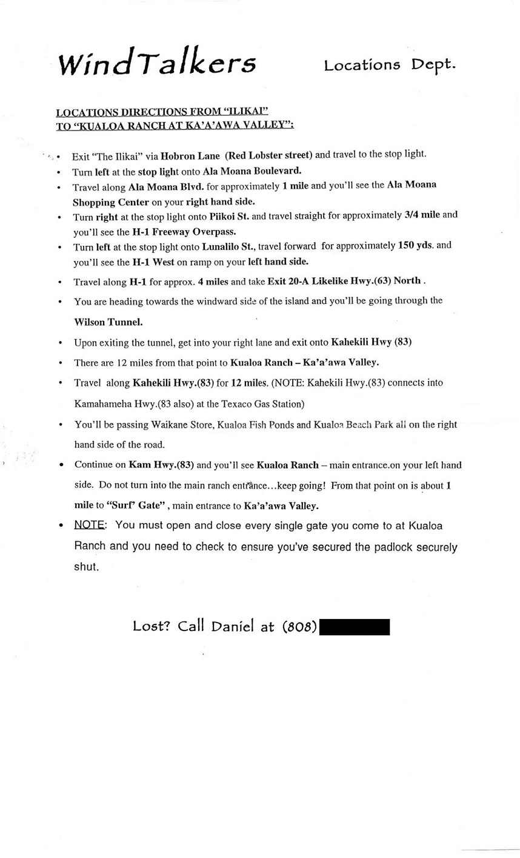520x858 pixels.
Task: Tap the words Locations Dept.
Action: pyautogui.click(x=389, y=65)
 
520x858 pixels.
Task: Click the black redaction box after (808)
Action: pyautogui.click(x=354, y=627)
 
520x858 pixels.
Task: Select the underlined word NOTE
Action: pyautogui.click(x=90, y=525)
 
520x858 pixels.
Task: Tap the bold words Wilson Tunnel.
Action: pyautogui.click(x=108, y=322)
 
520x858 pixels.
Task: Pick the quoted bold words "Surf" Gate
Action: pyautogui.click(x=138, y=505)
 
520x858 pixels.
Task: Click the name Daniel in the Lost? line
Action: pyautogui.click(x=233, y=627)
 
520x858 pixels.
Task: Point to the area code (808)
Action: pyautogui.click(x=299, y=627)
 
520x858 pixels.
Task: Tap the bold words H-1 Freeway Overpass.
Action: pyautogui.click(x=184, y=231)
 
